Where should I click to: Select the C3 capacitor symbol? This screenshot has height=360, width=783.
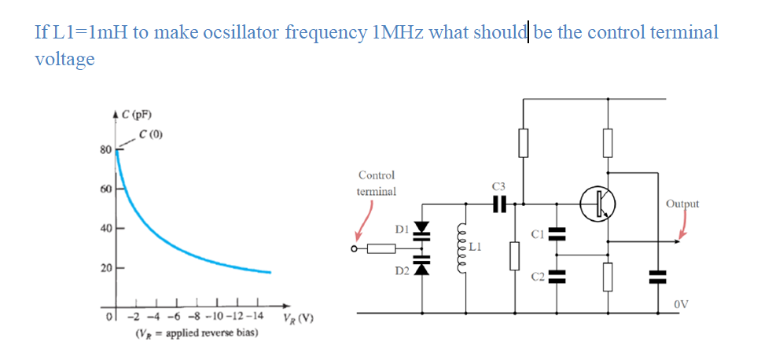pyautogui.click(x=497, y=203)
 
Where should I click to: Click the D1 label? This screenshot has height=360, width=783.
pyautogui.click(x=402, y=229)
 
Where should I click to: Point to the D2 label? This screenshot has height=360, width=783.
pyautogui.click(x=402, y=270)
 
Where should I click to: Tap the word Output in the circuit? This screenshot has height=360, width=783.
pyautogui.click(x=682, y=204)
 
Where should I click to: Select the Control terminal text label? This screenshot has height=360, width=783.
pyautogui.click(x=376, y=183)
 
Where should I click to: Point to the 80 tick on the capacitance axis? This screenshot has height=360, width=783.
pyautogui.click(x=105, y=149)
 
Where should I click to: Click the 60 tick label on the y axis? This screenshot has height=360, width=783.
pyautogui.click(x=105, y=189)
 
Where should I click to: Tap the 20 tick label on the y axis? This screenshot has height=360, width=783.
pyautogui.click(x=105, y=269)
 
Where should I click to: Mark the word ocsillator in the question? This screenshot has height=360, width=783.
pyautogui.click(x=241, y=33)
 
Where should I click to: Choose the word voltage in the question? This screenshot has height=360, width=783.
pyautogui.click(x=64, y=59)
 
